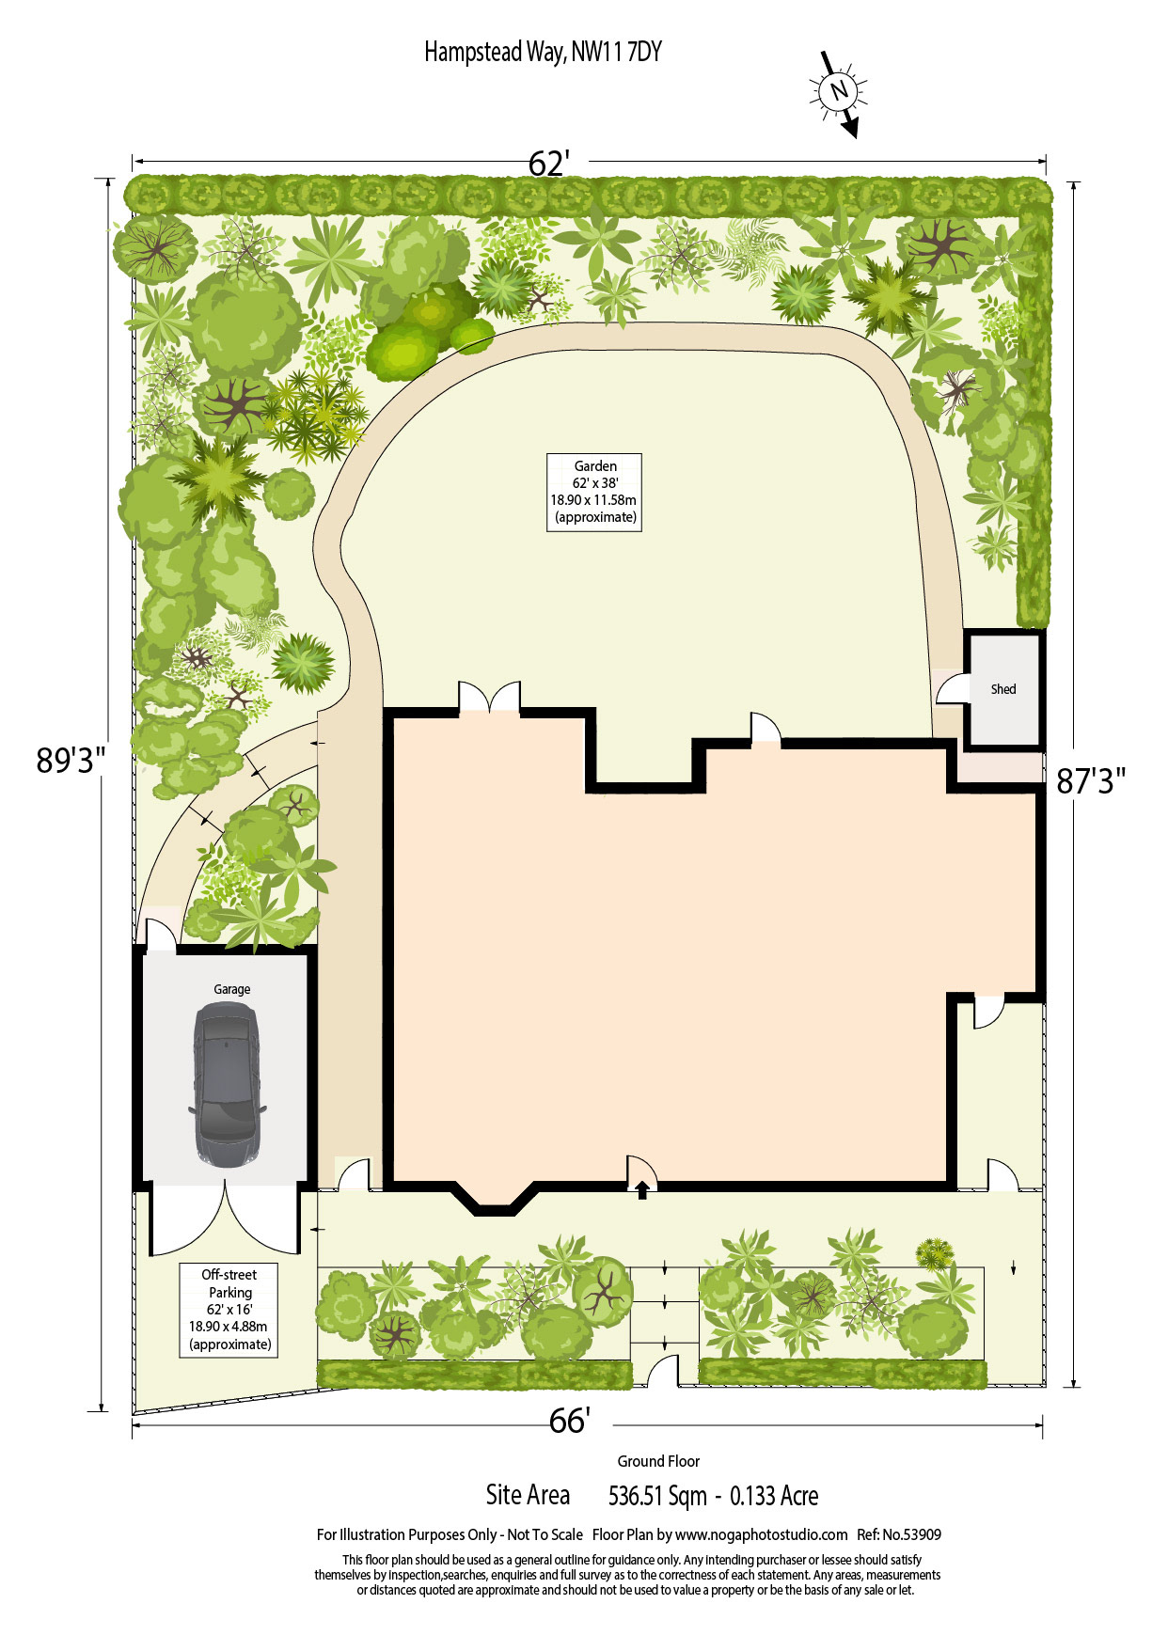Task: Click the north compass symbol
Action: (839, 93)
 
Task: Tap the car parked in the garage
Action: (227, 1085)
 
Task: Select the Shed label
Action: (1003, 689)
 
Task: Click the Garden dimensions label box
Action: (594, 492)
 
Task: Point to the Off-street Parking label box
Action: (229, 1310)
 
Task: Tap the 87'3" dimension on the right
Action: (1091, 780)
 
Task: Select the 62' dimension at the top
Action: (549, 164)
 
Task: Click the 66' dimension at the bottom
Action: (570, 1421)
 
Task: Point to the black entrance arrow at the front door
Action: (642, 1190)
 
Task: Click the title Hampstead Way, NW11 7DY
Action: (543, 52)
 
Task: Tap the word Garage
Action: (231, 989)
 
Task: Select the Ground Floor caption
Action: (658, 1461)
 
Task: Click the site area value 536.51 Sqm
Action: (657, 1496)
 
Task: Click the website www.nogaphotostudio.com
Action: (761, 1534)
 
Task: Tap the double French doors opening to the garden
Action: (489, 697)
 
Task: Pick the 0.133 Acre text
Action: (774, 1496)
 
